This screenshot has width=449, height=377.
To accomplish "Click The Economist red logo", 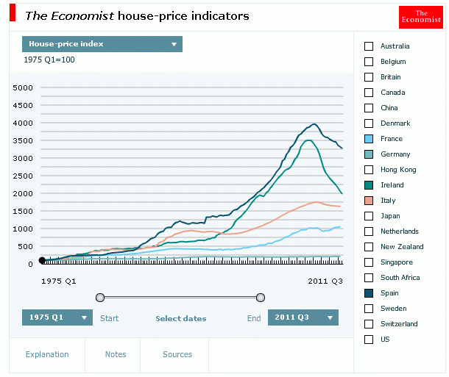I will pyautogui.click(x=420, y=17).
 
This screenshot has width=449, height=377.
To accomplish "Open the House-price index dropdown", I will pyautogui.click(x=102, y=44).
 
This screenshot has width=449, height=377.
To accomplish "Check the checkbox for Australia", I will pyautogui.click(x=369, y=46).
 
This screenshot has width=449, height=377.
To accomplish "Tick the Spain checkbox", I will pyautogui.click(x=369, y=293).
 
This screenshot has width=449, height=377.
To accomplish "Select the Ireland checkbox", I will pyautogui.click(x=369, y=185).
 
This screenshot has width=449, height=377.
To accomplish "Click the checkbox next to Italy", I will pyautogui.click(x=369, y=201).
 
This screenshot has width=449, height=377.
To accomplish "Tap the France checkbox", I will pyautogui.click(x=369, y=139).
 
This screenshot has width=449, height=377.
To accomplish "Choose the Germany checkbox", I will pyautogui.click(x=369, y=154).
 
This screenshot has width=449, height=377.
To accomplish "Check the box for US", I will pyautogui.click(x=369, y=340).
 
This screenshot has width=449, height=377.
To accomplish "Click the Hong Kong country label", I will pyautogui.click(x=397, y=170).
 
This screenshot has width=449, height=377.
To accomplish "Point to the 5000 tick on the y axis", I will pyautogui.click(x=24, y=87).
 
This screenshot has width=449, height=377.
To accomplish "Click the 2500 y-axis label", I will pyautogui.click(x=24, y=176).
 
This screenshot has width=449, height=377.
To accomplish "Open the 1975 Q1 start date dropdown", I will pyautogui.click(x=57, y=317).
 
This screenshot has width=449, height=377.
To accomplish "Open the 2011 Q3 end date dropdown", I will pyautogui.click(x=303, y=317).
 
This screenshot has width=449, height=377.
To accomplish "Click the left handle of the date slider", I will pyautogui.click(x=100, y=298).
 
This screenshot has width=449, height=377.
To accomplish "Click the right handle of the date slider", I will pyautogui.click(x=260, y=298).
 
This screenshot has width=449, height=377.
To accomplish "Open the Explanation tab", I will pyautogui.click(x=47, y=354).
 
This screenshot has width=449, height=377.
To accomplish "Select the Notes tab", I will pyautogui.click(x=116, y=354).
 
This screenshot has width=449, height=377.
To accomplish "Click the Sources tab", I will pyautogui.click(x=177, y=354).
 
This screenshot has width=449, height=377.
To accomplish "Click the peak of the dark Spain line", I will pyautogui.click(x=314, y=124).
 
